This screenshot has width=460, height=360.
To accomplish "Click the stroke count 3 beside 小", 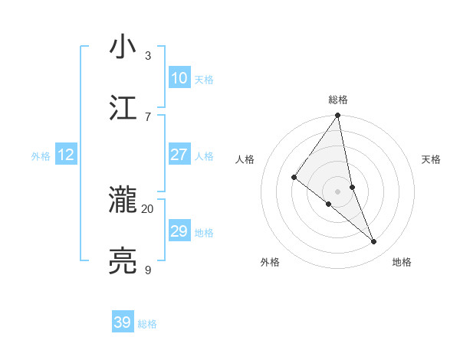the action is pyautogui.click(x=148, y=55).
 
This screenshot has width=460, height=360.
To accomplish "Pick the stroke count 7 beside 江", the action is pyautogui.click(x=148, y=116).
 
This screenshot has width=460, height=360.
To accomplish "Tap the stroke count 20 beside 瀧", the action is pyautogui.click(x=148, y=208).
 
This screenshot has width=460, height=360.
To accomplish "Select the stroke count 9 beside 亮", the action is pyautogui.click(x=148, y=270).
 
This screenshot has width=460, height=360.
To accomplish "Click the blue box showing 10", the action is pyautogui.click(x=179, y=77).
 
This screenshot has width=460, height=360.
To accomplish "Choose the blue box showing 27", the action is pyautogui.click(x=179, y=155).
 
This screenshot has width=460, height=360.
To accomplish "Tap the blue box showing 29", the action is pyautogui.click(x=179, y=231).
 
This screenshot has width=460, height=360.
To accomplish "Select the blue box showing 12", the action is pyautogui.click(x=65, y=155).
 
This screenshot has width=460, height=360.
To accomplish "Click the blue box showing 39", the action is pyautogui.click(x=123, y=322).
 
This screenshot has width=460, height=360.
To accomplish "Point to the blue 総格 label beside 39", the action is pyautogui.click(x=147, y=324).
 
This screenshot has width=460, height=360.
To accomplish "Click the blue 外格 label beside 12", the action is pyautogui.click(x=41, y=156).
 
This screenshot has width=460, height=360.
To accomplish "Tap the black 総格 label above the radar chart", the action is pyautogui.click(x=338, y=100).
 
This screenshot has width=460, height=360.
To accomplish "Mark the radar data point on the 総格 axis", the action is pyautogui.click(x=338, y=116).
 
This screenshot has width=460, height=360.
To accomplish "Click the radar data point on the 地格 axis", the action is pyautogui.click(x=374, y=242).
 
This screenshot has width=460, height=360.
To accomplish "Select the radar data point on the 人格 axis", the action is pyautogui.click(x=294, y=177).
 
